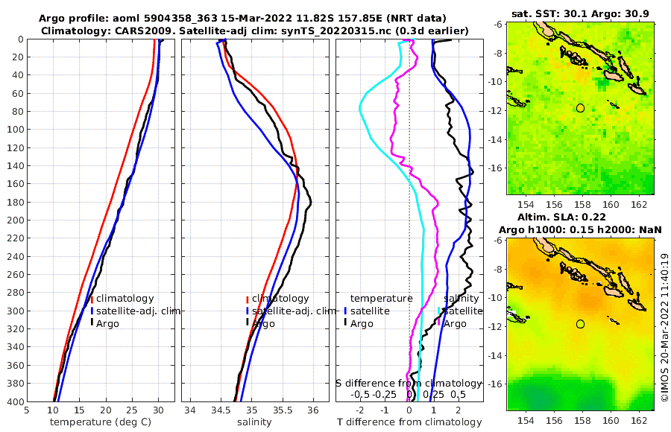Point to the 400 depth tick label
(x=15, y=401)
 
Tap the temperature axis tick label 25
(x=132, y=410)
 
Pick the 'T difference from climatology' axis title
(x=409, y=422)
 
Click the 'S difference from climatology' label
(x=409, y=383)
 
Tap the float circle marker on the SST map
(x=580, y=108)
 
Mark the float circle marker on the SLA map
(x=580, y=324)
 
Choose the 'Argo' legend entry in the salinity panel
(x=264, y=323)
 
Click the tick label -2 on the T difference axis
(x=360, y=410)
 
